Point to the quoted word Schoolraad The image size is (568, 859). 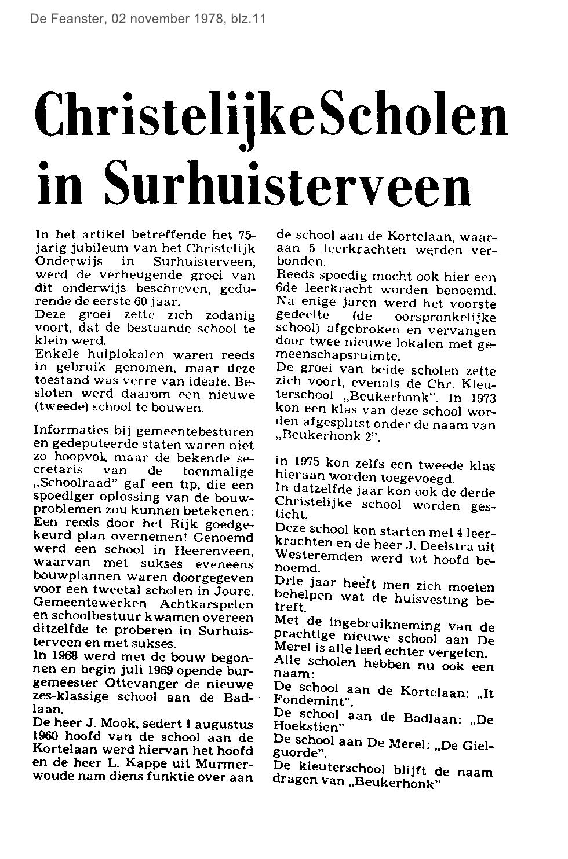tap(72, 483)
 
